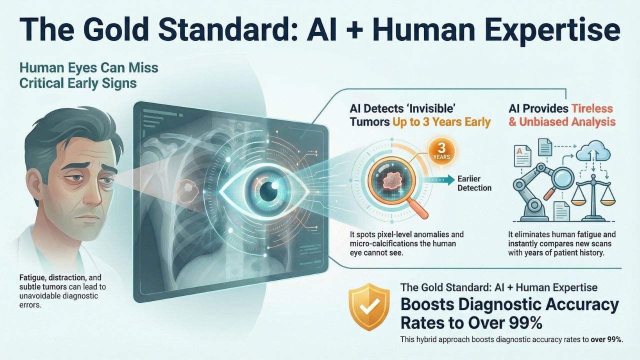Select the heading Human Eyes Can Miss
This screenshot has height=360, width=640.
coord(89,67)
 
